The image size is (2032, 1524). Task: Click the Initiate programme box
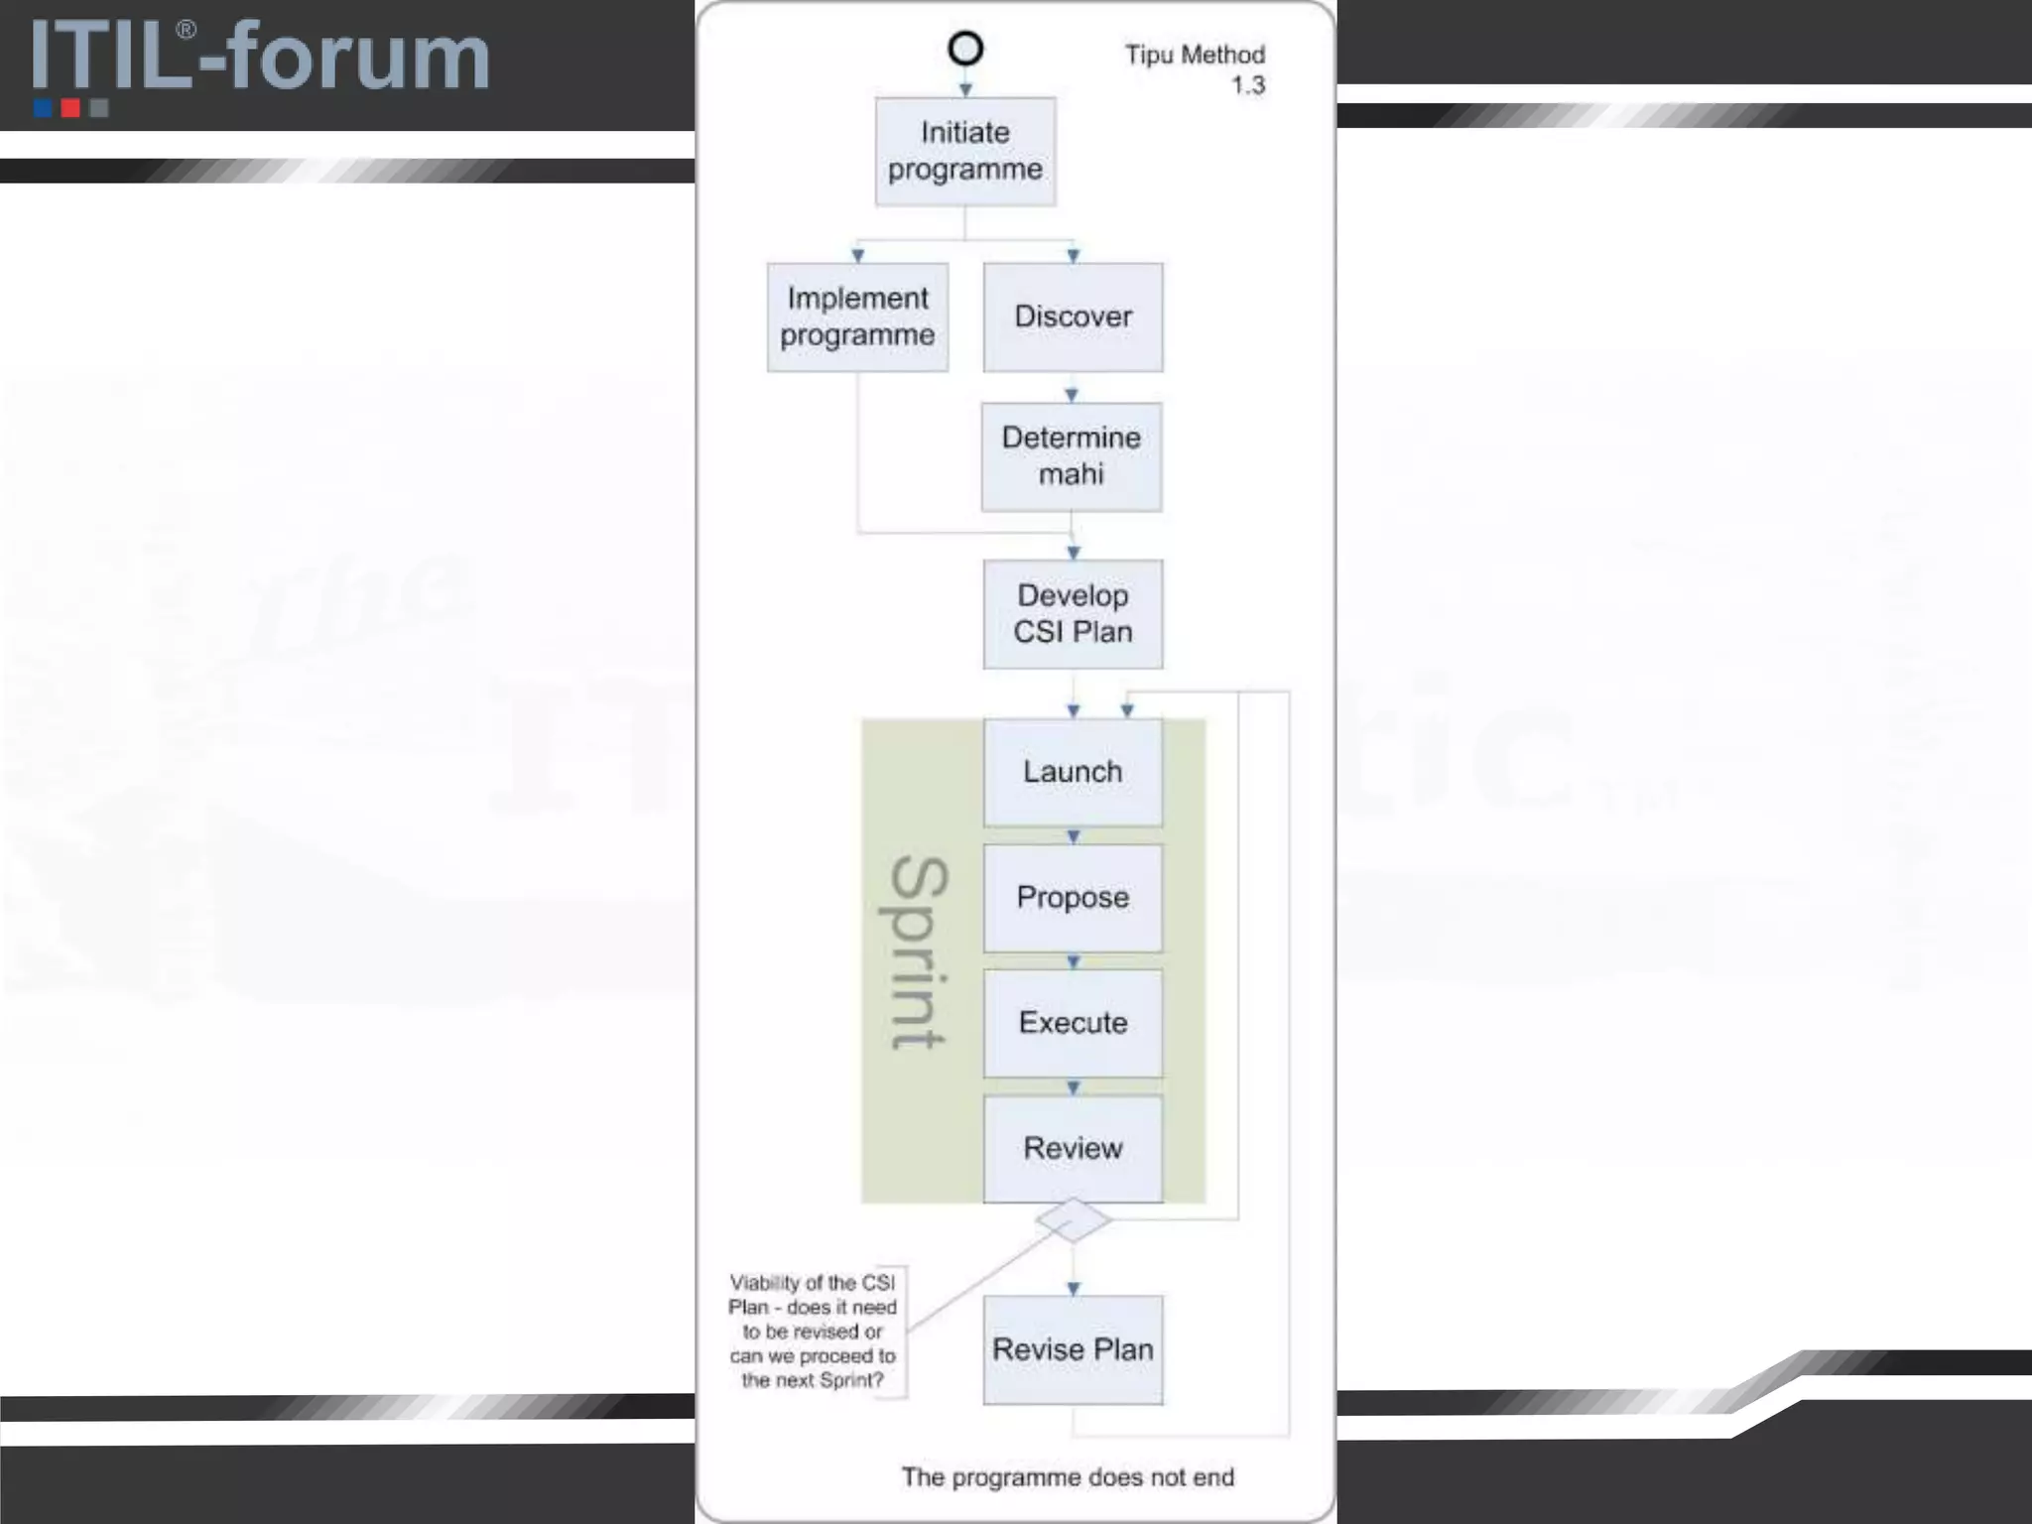point(964,151)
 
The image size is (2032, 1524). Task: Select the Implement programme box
point(857,317)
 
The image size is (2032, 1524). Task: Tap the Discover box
point(1073,317)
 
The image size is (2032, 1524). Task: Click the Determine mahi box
point(1072,456)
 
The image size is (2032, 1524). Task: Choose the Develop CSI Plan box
point(1073,613)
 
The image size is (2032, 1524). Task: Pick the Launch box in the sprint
point(1073,772)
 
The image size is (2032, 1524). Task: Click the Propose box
point(1073,897)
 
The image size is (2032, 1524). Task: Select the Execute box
point(1073,1023)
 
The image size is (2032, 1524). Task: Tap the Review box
point(1073,1148)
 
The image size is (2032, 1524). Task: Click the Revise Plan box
point(1073,1349)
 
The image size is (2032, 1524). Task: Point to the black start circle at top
point(965,49)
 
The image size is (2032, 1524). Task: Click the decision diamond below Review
point(1073,1220)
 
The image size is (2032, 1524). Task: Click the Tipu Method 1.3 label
point(1196,69)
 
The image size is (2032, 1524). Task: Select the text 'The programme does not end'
point(1068,1477)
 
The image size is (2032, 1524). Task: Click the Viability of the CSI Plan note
point(813,1332)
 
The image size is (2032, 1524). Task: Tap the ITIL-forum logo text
point(260,57)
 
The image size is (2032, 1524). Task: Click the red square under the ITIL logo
point(70,107)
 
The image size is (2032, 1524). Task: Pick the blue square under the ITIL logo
point(43,107)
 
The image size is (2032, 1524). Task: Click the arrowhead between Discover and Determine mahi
point(1072,395)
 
